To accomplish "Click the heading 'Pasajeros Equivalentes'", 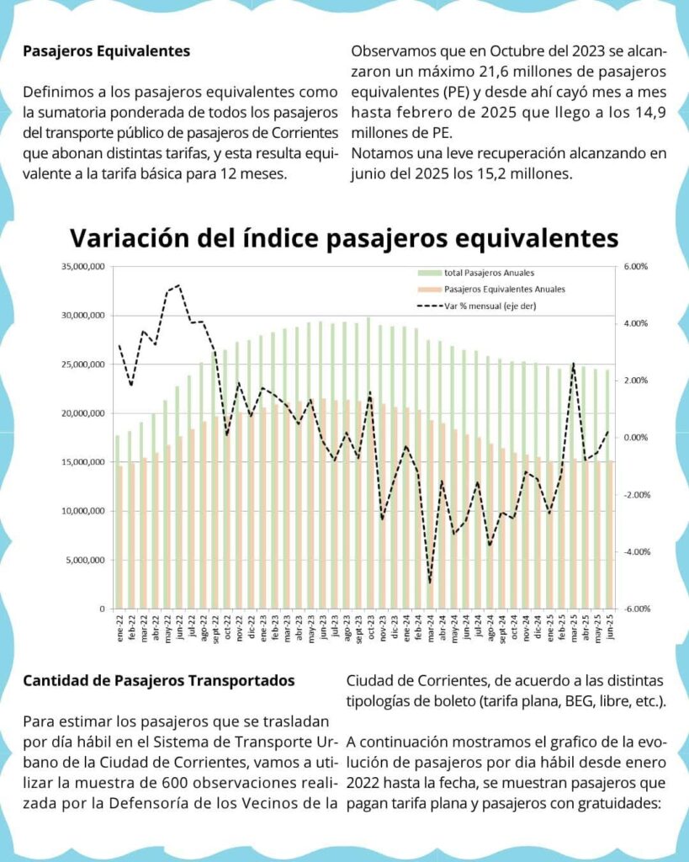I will click(x=107, y=51).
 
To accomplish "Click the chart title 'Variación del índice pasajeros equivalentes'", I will click(x=343, y=237).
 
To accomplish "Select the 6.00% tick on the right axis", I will click(x=635, y=267).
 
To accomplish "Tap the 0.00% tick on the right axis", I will click(x=635, y=438).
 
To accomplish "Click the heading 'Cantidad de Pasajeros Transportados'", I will click(x=159, y=681).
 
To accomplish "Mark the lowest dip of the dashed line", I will click(x=429, y=583).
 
